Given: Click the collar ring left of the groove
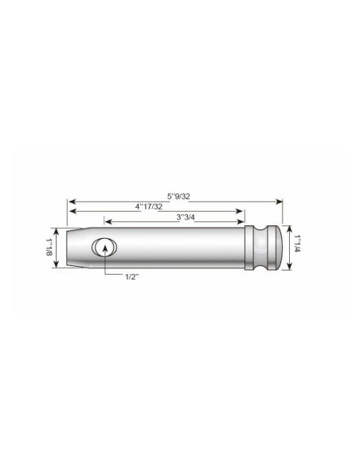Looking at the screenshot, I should pyautogui.click(x=252, y=247).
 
